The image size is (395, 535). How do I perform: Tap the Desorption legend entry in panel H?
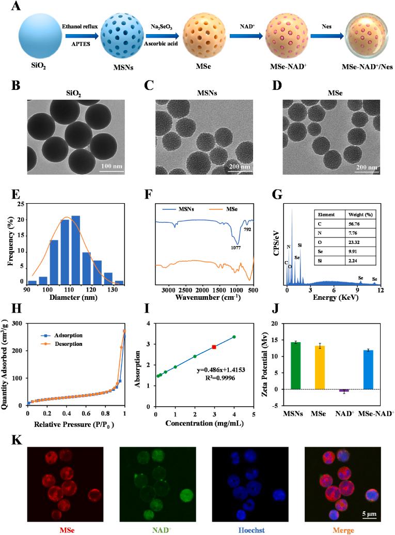(x=72, y=344)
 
